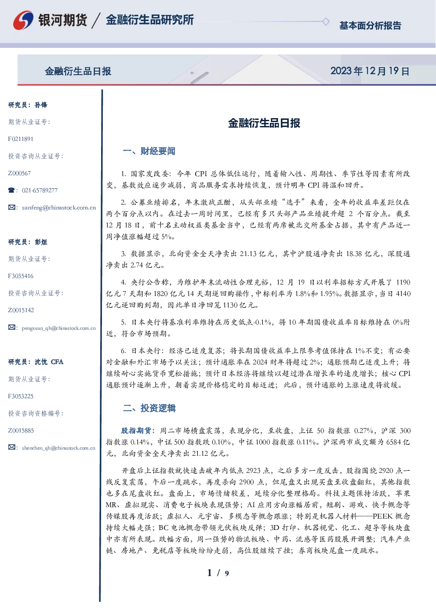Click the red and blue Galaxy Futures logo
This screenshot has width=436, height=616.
(x=23, y=20)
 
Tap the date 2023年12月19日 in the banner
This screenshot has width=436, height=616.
(x=370, y=71)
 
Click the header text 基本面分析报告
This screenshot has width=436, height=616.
(x=370, y=25)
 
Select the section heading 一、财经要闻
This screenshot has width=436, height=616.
(x=149, y=151)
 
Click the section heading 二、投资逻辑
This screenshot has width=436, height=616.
(x=149, y=408)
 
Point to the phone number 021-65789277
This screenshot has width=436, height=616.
(x=40, y=190)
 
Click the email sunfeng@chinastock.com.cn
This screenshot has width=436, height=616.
(x=59, y=208)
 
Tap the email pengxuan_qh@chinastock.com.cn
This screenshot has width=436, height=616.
(x=59, y=328)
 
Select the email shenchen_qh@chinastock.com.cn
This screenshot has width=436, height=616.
(x=58, y=448)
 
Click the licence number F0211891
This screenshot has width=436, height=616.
(x=21, y=139)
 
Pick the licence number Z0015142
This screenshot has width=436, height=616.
(x=21, y=310)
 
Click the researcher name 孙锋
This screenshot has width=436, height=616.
(x=41, y=105)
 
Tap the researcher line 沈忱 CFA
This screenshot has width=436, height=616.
(x=49, y=362)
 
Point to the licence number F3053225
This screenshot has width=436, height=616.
(x=21, y=396)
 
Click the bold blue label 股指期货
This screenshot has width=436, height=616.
(x=136, y=431)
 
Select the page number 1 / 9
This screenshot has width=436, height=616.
(x=218, y=573)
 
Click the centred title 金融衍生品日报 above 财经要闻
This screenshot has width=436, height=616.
(x=264, y=123)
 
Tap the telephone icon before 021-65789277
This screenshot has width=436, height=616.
(x=11, y=190)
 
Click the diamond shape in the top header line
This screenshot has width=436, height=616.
(x=326, y=22)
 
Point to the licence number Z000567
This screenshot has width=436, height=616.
(x=19, y=173)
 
